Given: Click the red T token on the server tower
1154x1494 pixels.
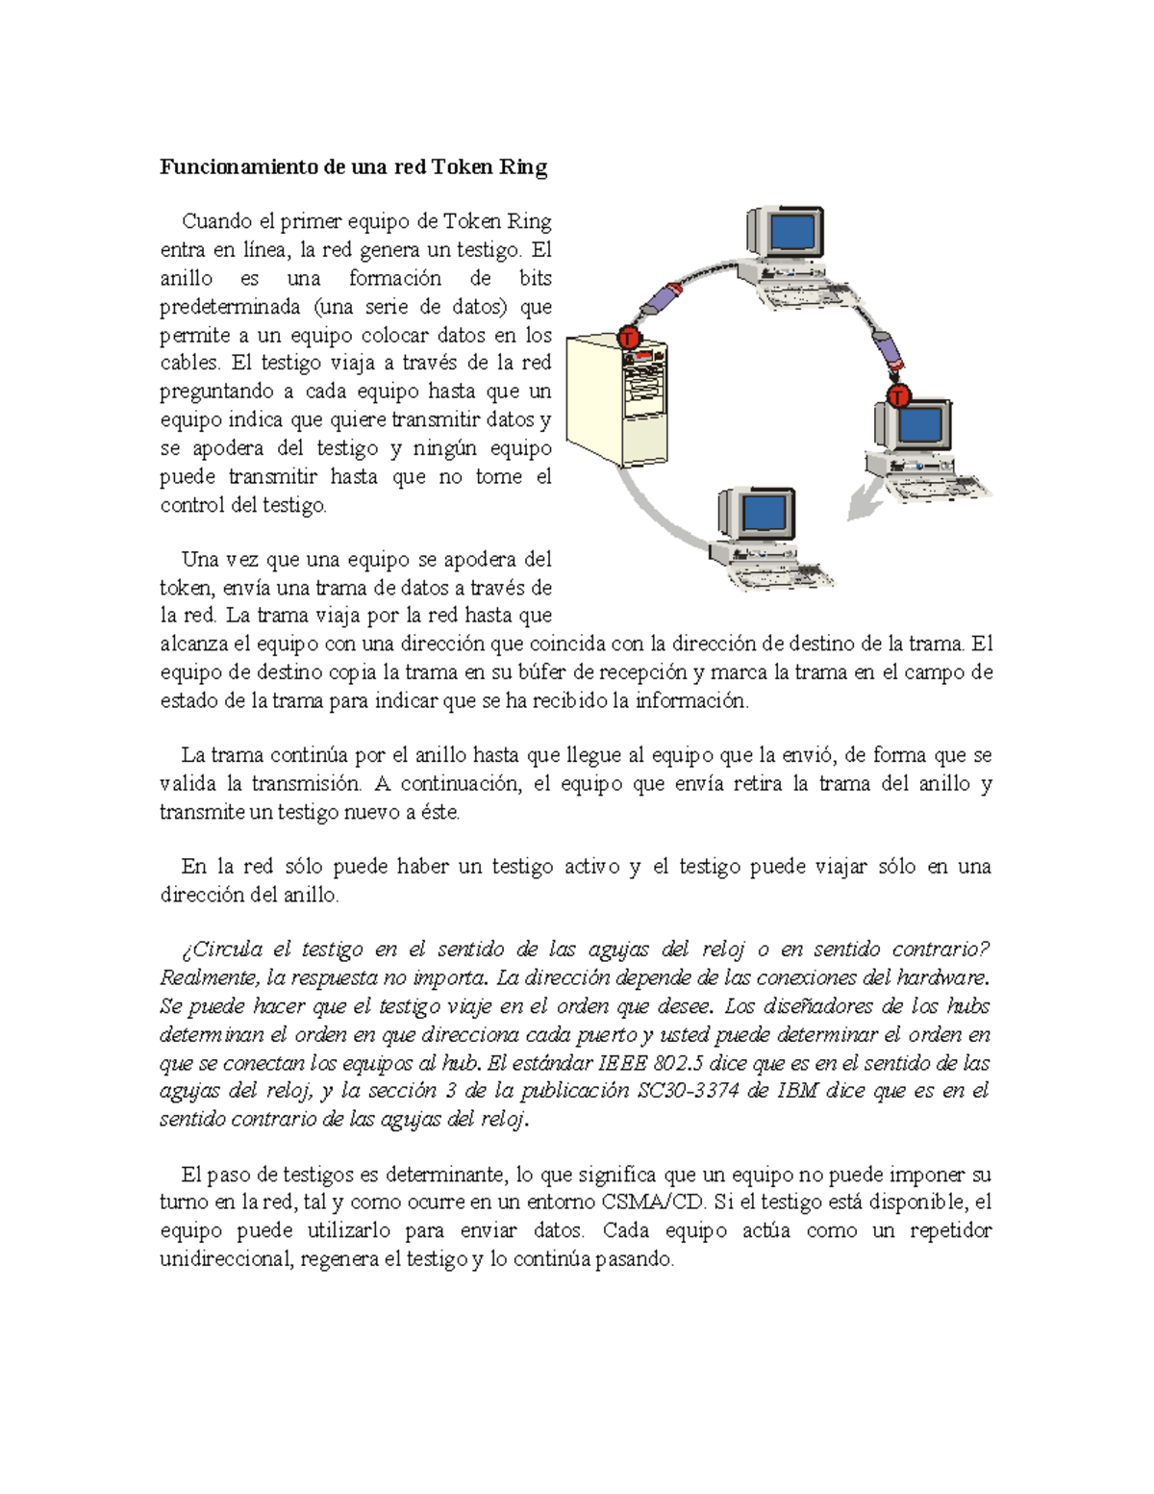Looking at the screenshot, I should (x=629, y=338).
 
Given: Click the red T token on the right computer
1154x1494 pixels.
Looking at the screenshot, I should (x=898, y=395).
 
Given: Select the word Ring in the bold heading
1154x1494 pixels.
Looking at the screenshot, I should (x=523, y=167).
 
